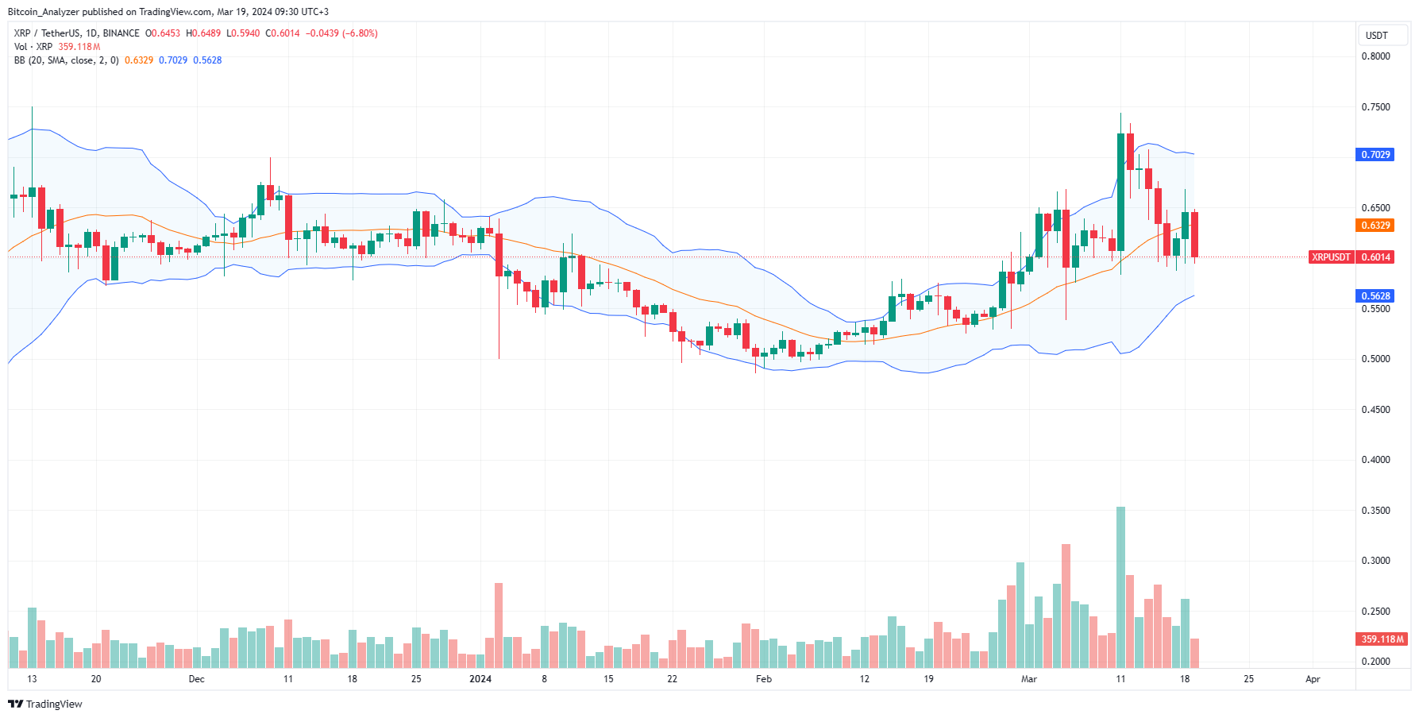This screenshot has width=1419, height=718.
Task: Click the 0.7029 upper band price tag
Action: click(1375, 155)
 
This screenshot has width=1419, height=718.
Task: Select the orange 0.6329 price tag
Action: click(1375, 226)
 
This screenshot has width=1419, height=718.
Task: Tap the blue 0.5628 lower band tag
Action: click(1375, 296)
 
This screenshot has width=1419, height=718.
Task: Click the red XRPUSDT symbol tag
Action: click(1331, 257)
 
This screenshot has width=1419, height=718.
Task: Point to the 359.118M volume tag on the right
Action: click(1382, 639)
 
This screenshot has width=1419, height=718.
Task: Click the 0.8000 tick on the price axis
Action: click(1375, 56)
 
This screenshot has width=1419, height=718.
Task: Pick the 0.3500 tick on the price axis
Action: click(1375, 511)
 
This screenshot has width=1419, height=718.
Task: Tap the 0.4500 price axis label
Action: click(1375, 410)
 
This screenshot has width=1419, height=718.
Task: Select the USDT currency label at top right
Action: click(1376, 36)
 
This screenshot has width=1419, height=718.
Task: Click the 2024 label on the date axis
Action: click(480, 679)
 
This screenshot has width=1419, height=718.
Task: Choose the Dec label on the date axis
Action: click(197, 679)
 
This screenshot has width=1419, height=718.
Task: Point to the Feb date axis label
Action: click(764, 679)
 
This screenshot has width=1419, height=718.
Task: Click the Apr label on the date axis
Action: click(1313, 679)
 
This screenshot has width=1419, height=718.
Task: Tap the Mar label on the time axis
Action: click(1029, 679)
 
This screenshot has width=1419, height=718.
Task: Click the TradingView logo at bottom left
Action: click(45, 704)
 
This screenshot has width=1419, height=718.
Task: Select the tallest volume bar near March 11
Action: click(1120, 588)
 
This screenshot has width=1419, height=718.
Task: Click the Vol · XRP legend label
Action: click(33, 47)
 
